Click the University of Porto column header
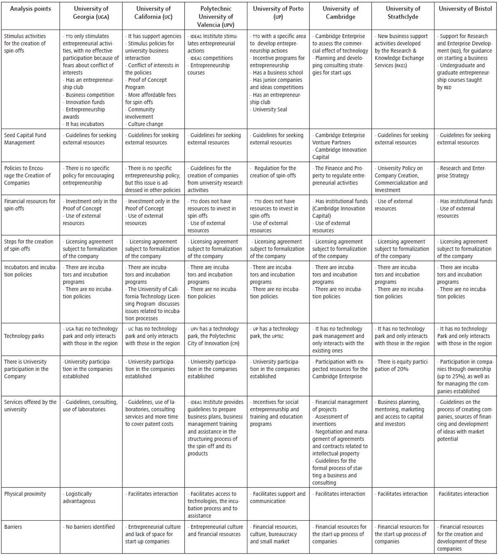click(278, 13)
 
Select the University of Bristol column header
click(465, 9)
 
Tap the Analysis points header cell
click(30, 9)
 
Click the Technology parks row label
click(24, 336)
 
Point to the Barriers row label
click(13, 527)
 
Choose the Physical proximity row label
click(25, 494)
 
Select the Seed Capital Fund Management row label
click(25, 139)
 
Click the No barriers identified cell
click(90, 527)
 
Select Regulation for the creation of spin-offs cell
click(274, 172)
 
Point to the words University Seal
click(270, 110)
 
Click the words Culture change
click(145, 124)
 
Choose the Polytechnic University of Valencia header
click(215, 17)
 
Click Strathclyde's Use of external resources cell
click(394, 205)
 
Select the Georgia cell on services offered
click(90, 406)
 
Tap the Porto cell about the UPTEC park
click(274, 332)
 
